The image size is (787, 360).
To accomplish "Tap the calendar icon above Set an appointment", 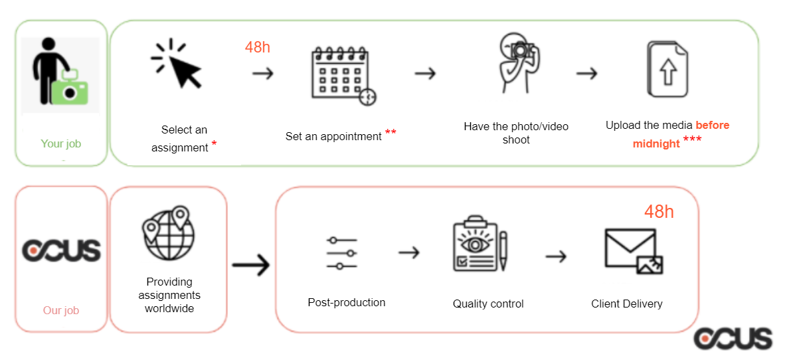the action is coord(343,76).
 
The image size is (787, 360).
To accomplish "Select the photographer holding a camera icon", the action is coord(517,63).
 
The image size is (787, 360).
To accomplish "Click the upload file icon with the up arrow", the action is coord(666,69).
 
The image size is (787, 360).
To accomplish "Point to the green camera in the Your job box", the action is coord(69,87).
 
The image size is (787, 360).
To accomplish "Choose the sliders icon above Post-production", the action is coord(342,253).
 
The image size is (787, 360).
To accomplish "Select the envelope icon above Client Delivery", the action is coord(634,252).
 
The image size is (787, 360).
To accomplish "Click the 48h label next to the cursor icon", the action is coord(258,48).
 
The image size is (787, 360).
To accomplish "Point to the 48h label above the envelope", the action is coord(659,212).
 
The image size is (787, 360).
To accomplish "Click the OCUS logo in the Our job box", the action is coord(61,250).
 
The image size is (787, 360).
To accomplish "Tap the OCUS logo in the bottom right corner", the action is coord(733,338).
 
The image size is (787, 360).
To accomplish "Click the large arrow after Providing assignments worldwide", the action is coord(251,264).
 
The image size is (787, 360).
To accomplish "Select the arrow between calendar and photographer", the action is coord(425,74).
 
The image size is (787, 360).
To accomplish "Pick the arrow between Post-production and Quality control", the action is coord(409,252).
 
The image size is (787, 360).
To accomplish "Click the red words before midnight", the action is coord(681,135).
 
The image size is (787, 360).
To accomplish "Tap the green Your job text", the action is coord(60,144).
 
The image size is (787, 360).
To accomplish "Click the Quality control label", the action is coord(488,304).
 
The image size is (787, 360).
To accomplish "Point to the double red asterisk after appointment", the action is coord(391,133).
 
